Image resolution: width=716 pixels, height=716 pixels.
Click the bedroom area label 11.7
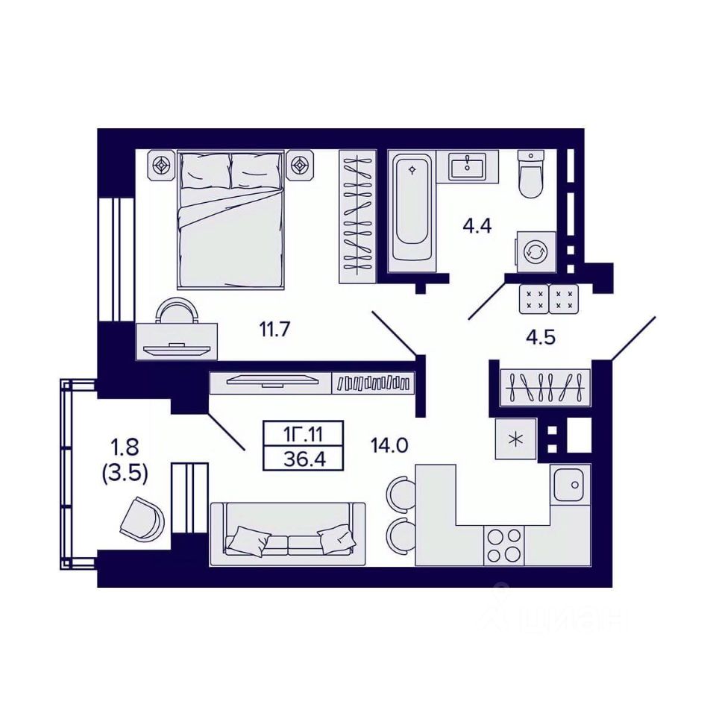coord(275,329)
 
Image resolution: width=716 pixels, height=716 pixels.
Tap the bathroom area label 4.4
coord(477,226)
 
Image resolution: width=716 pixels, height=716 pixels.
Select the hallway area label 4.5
coord(540,337)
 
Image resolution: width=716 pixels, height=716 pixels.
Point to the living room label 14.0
coord(389,445)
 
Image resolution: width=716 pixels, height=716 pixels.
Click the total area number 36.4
coord(304,459)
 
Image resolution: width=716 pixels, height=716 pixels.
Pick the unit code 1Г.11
coord(304,434)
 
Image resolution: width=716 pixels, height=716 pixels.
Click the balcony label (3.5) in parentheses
coord(125,474)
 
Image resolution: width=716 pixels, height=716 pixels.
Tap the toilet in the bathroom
coord(532,175)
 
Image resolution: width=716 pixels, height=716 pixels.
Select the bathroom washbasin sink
coord(467,166)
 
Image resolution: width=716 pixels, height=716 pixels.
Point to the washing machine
coord(536,252)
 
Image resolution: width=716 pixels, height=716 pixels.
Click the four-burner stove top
coord(504,545)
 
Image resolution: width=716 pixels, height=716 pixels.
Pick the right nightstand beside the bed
coord(300,166)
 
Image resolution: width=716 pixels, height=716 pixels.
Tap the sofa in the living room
coord(287,534)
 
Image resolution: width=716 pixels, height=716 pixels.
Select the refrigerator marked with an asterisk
coord(516,439)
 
